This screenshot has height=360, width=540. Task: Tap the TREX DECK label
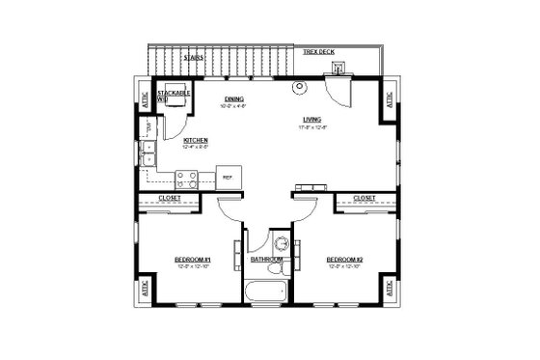pyautogui.click(x=319, y=51)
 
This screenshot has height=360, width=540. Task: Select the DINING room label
pyautogui.click(x=233, y=99)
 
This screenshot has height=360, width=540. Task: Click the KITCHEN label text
pyautogui.click(x=196, y=140)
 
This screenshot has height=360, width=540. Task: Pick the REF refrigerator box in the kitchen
pyautogui.click(x=229, y=178)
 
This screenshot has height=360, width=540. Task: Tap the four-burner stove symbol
pyautogui.click(x=187, y=179)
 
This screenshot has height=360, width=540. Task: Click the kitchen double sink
pyautogui.click(x=149, y=154)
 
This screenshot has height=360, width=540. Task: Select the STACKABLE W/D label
pyautogui.click(x=175, y=95)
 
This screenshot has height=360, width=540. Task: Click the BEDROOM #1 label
pyautogui.click(x=192, y=260)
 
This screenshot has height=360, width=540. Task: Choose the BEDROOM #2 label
pyautogui.click(x=343, y=260)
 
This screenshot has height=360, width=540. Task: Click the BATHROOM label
pyautogui.click(x=266, y=260)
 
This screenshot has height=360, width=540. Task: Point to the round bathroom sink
pyautogui.click(x=281, y=243)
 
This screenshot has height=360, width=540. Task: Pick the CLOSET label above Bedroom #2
pyautogui.click(x=364, y=198)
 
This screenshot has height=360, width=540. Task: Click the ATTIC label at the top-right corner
pyautogui.click(x=389, y=100)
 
